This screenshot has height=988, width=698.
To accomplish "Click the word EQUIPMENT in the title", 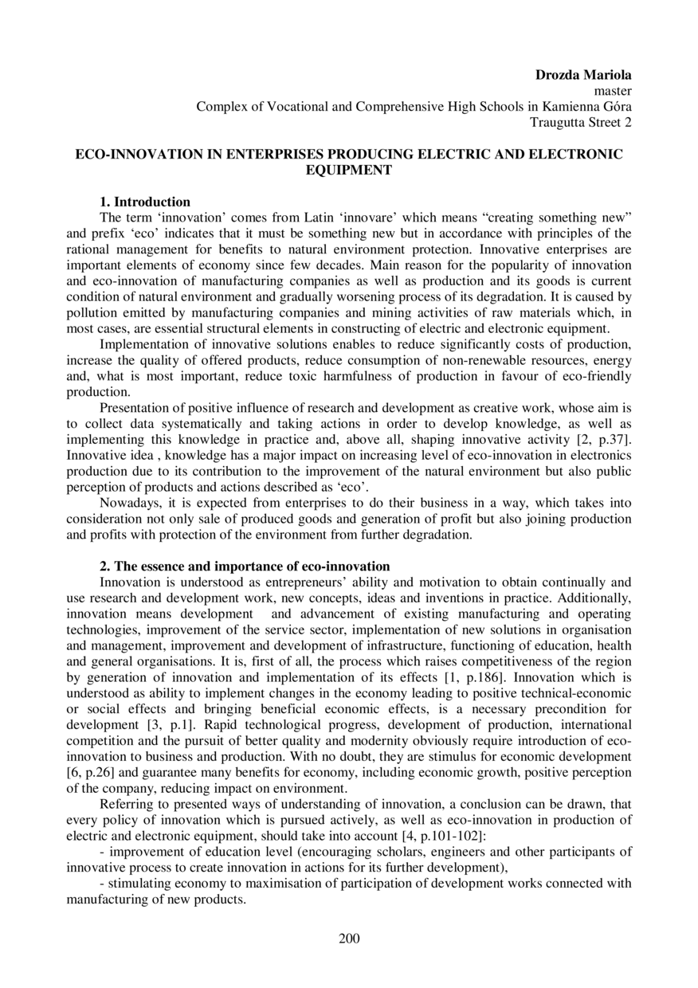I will click(x=349, y=170).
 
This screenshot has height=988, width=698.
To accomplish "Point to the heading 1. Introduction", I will click(x=144, y=202).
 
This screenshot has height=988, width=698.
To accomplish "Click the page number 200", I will click(x=349, y=938).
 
